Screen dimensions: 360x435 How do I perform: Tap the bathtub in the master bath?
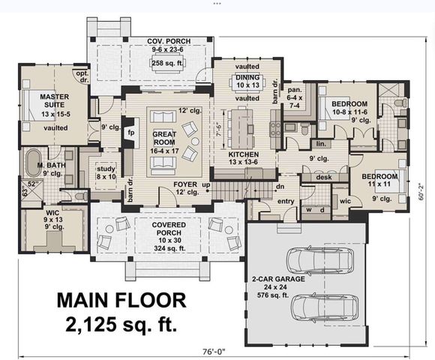point(34,163)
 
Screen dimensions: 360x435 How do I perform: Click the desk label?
point(323,177)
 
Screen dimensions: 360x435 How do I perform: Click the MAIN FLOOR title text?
point(121,301)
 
